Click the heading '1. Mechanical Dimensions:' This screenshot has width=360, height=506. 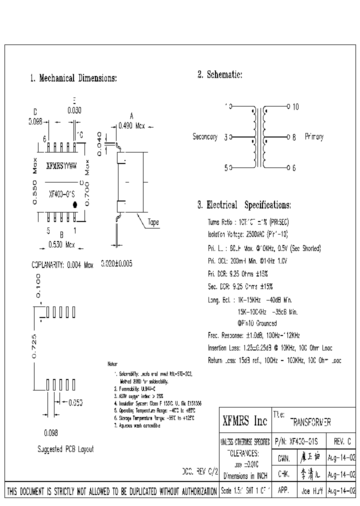[73, 78]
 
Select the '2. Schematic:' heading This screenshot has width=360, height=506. [220, 74]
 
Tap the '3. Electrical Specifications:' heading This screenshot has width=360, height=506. [244, 205]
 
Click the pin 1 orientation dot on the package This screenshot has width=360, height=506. [75, 204]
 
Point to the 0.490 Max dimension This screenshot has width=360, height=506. [131, 126]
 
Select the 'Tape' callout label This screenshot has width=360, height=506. [153, 222]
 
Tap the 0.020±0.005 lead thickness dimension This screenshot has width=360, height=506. [116, 263]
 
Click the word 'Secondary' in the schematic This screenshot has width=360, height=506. [205, 137]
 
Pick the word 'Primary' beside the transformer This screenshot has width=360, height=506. [314, 137]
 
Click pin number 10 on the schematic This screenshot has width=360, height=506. [295, 106]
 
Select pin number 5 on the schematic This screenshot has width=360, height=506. [226, 168]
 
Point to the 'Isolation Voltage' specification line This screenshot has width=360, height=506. [248, 234]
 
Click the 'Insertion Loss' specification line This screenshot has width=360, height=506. [269, 347]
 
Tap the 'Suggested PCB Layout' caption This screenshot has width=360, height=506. [65, 449]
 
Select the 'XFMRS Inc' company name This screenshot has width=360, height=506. [244, 421]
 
